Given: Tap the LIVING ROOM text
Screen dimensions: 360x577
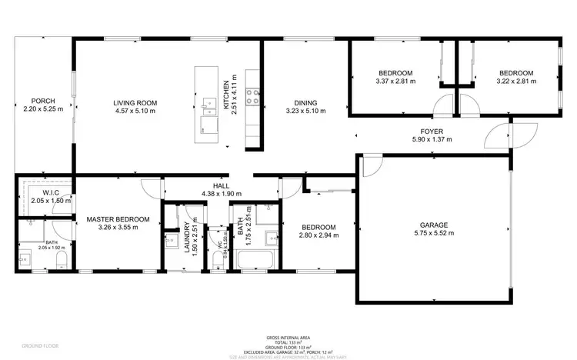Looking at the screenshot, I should click(135, 102).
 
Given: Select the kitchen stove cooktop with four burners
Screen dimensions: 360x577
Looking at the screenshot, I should click(252, 96).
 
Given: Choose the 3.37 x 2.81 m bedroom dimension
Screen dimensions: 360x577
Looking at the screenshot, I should click(395, 81).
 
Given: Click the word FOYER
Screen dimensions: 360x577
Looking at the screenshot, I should click(432, 131).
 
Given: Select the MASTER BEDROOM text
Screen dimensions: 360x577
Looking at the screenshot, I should click(112, 218).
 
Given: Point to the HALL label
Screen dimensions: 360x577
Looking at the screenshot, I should click(221, 186).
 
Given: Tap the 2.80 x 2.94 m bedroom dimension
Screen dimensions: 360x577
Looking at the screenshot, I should click(318, 236).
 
